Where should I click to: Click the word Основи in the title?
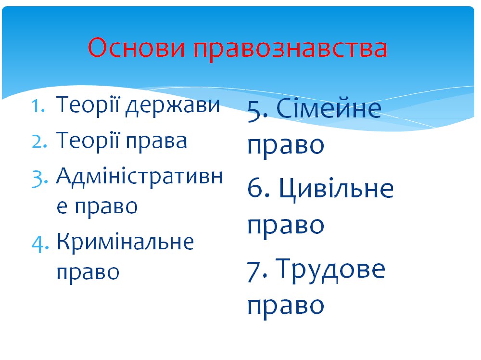point(137,48)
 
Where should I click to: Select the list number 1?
point(38,106)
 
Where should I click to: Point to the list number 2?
point(39,141)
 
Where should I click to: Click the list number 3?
point(40,178)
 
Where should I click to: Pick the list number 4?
point(40,244)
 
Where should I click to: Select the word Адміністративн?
point(139,176)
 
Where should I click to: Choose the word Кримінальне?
point(125,241)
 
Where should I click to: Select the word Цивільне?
point(336,189)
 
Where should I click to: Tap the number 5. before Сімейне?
point(258,110)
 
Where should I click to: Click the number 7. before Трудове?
point(257,270)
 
